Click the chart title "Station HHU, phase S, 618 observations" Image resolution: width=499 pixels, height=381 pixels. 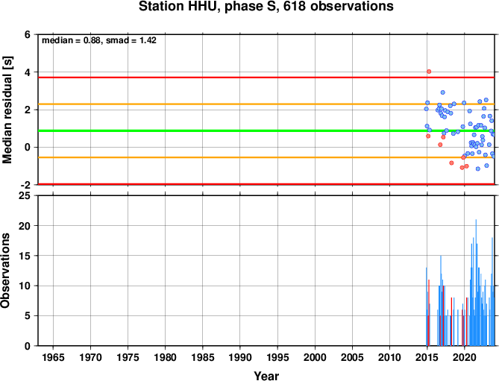(x=266, y=7)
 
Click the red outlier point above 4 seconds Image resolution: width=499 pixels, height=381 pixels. (x=429, y=72)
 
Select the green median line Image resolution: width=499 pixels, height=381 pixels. (x=266, y=130)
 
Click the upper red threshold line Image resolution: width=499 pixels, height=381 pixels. (x=266, y=78)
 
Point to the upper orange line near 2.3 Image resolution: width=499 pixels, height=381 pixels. (x=266, y=104)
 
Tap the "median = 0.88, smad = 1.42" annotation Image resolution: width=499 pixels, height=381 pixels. (x=99, y=40)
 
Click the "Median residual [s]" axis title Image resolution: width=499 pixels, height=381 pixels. (x=7, y=110)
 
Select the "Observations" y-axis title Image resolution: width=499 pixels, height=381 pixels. (x=5, y=271)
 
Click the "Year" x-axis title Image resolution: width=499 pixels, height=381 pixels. (x=266, y=376)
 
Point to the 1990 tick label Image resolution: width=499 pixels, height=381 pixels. (x=240, y=357)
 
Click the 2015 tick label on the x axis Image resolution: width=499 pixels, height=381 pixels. (x=427, y=357)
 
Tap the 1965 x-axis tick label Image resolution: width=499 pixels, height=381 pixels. (x=53, y=357)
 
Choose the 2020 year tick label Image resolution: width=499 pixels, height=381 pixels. (x=464, y=357)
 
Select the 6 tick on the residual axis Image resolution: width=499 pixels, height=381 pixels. (x=28, y=34)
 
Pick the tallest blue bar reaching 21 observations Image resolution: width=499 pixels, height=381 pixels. (x=476, y=283)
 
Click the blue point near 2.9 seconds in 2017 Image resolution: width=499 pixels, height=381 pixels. (x=442, y=92)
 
